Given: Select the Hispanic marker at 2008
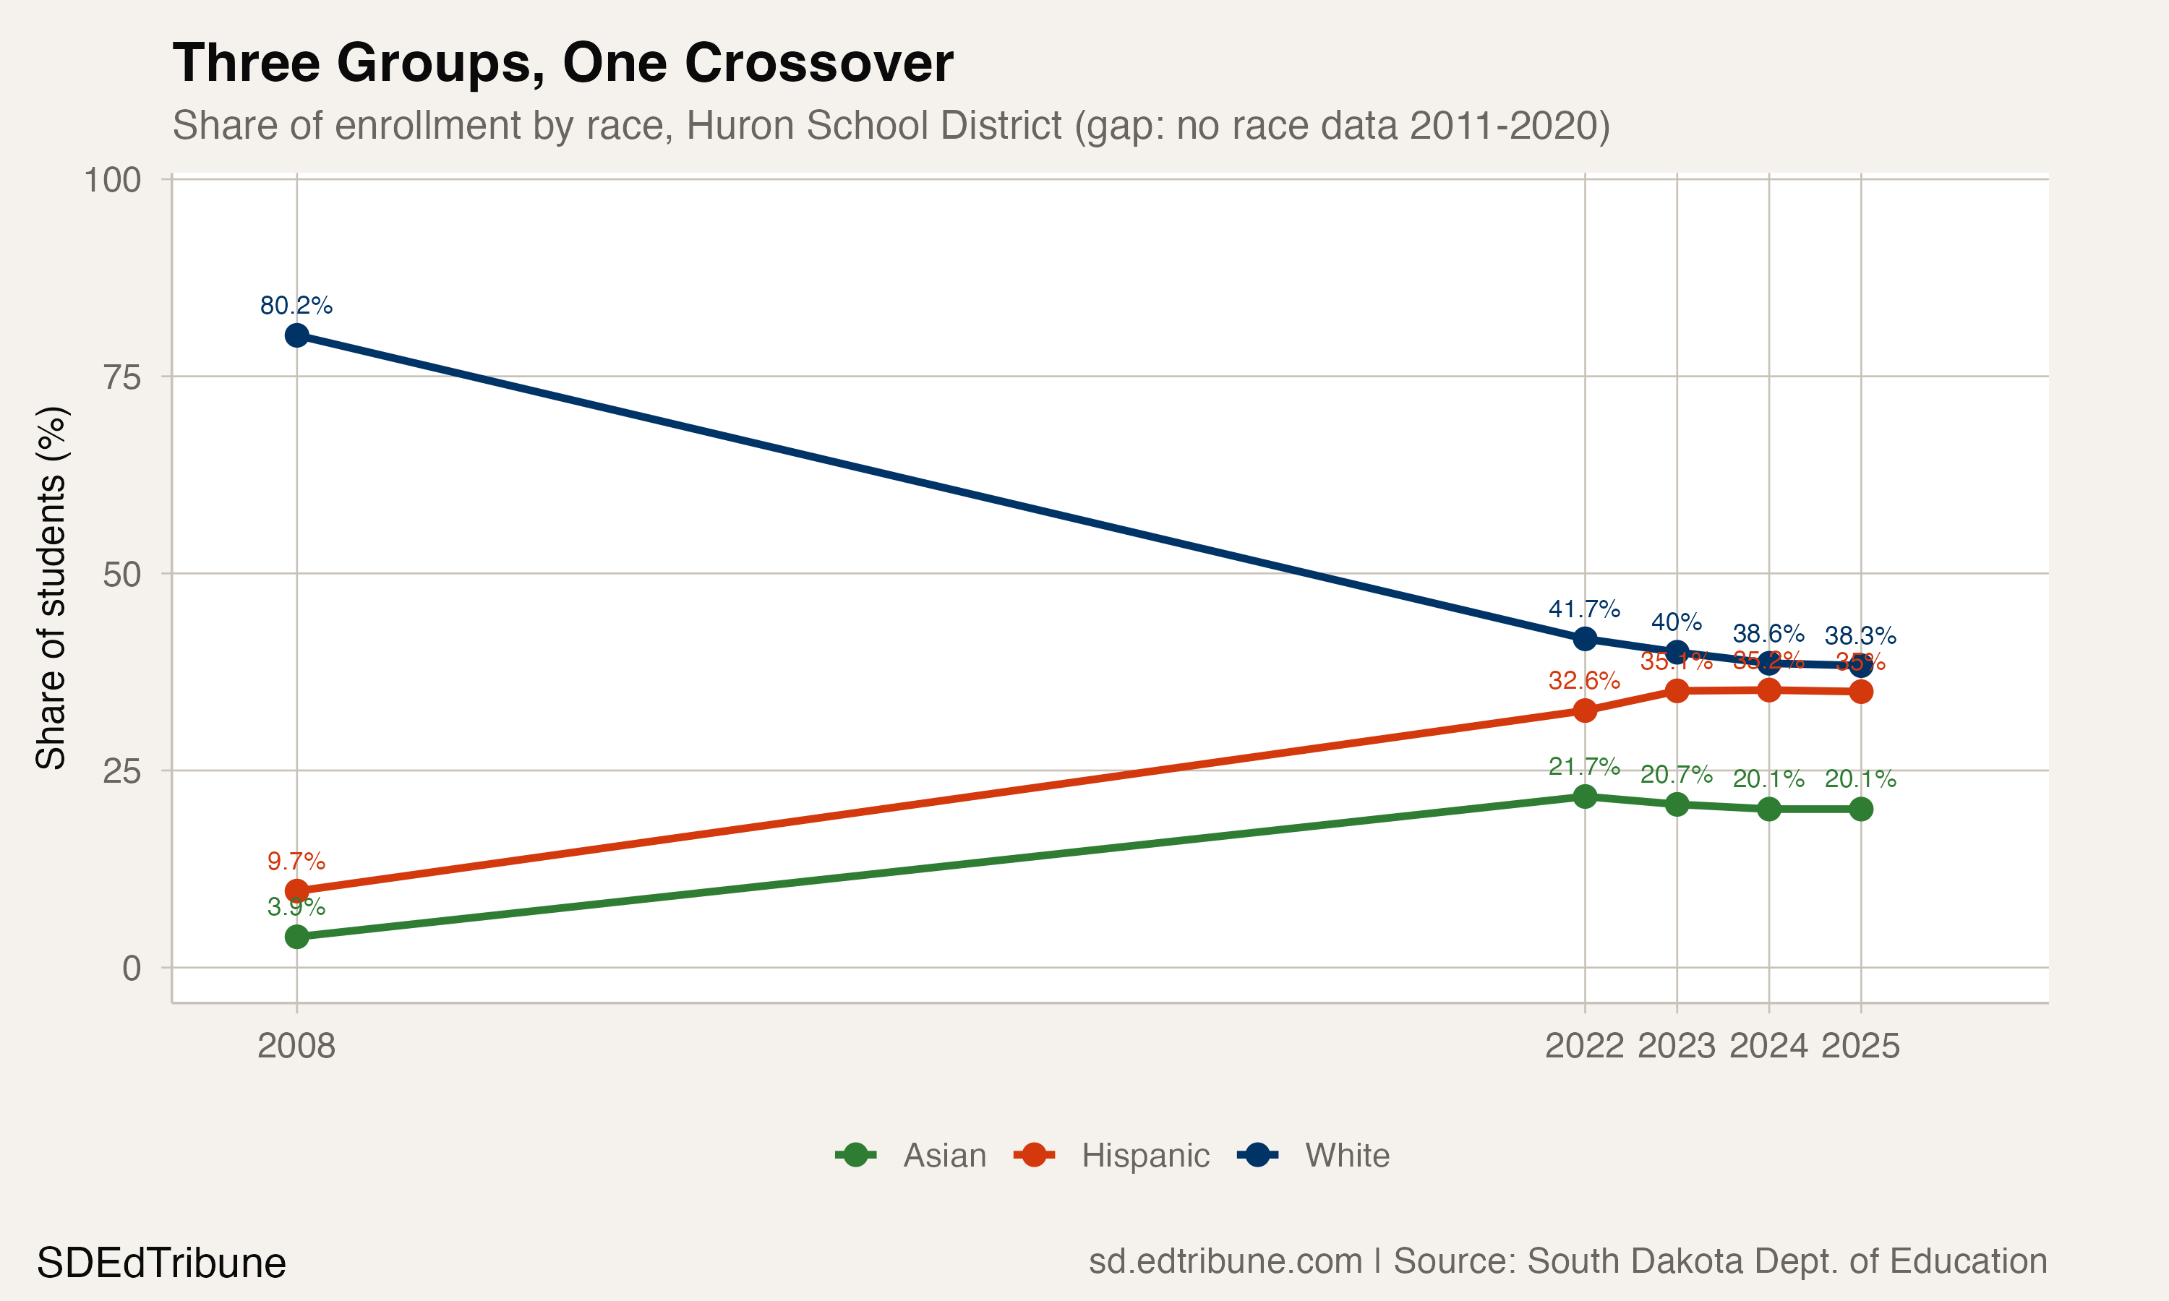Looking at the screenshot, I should [x=296, y=890].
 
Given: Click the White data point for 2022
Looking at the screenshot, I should [x=1584, y=638].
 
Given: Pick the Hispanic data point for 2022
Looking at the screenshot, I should [x=1584, y=710].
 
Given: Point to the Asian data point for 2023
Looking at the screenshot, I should [x=1677, y=804].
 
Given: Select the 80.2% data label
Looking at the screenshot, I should [x=296, y=305].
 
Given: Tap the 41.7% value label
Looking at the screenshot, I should [x=1583, y=609].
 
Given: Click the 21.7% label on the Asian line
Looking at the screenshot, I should [x=1583, y=766].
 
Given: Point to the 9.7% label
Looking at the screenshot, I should [x=296, y=861].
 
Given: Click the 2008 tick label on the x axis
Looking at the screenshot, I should [x=296, y=1045].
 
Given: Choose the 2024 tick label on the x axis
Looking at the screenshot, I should [x=1768, y=1045].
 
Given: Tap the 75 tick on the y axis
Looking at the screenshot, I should [x=122, y=377].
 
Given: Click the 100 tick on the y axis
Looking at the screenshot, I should [x=112, y=180].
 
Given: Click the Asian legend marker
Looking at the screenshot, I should [x=856, y=1156].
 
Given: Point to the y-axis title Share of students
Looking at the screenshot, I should [x=51, y=588].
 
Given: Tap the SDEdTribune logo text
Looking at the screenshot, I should [x=161, y=1263].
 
